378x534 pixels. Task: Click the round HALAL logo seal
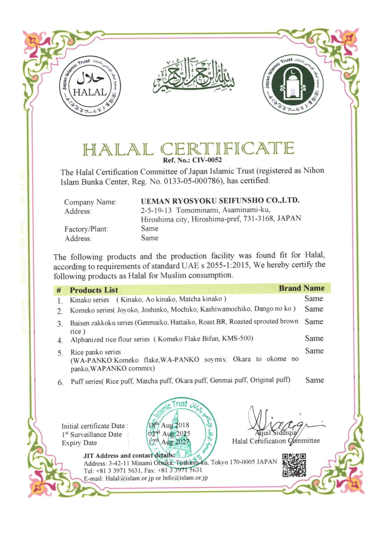(90, 87)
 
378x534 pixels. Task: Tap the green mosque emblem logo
(293, 84)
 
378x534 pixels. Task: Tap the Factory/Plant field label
(86, 229)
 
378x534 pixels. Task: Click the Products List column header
(94, 290)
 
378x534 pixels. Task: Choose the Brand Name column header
(302, 288)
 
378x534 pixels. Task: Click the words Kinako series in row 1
(89, 300)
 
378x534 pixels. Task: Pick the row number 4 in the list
(60, 340)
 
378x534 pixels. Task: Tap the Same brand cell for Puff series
(314, 380)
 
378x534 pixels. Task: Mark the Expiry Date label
(79, 443)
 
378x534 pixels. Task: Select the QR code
(294, 465)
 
